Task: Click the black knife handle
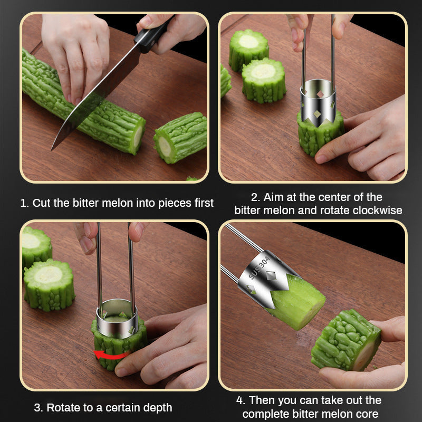(153, 35)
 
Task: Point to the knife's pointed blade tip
(52, 150)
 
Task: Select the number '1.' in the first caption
(25, 203)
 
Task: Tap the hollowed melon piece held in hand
(347, 340)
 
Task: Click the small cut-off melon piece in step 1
(180, 138)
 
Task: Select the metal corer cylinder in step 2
(318, 102)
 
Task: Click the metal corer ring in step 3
(117, 319)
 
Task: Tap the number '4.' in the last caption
(241, 400)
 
